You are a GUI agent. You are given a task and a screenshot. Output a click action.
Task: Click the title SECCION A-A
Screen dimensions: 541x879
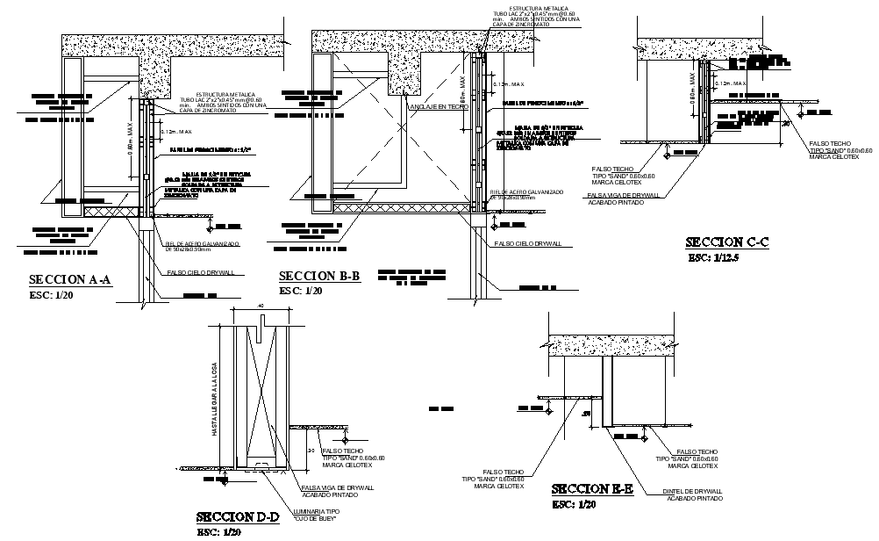pos(70,280)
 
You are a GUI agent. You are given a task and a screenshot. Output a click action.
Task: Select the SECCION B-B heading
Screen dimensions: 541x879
pos(319,277)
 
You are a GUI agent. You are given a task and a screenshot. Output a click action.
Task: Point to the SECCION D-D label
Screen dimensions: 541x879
pos(238,516)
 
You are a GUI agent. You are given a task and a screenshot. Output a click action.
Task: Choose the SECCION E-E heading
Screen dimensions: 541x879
pos(592,489)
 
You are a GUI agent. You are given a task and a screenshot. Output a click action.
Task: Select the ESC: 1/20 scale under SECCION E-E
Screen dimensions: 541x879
pos(575,504)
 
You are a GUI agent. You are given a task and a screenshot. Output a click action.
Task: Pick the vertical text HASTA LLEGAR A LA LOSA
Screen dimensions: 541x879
pos(214,400)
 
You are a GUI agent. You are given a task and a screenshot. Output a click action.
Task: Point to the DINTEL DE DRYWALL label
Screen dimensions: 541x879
pos(694,494)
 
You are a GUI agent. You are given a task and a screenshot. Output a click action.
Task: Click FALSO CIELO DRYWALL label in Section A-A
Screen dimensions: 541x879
pos(201,272)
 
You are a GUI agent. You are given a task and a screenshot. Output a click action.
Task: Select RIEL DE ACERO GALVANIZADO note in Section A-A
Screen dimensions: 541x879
pos(201,245)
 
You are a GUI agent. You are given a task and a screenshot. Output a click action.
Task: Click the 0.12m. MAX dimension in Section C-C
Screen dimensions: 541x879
pos(730,84)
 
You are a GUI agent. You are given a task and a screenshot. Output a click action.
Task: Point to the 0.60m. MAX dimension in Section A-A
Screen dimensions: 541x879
pos(131,140)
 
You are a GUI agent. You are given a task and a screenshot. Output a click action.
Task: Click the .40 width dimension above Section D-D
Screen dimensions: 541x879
pos(261,305)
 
